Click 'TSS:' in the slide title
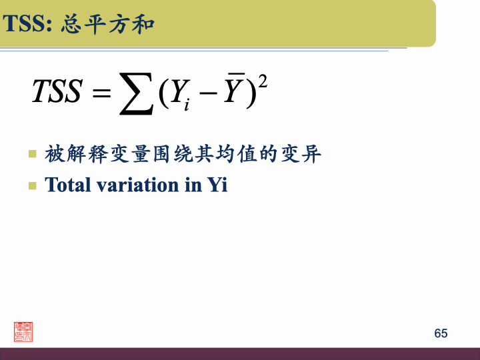pyautogui.click(x=28, y=25)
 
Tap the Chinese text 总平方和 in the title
pyautogui.click(x=107, y=25)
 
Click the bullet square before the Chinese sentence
pyautogui.click(x=32, y=155)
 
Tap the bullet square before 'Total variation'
pyautogui.click(x=32, y=185)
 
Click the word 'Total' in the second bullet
pyautogui.click(x=67, y=185)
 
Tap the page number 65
pyautogui.click(x=441, y=333)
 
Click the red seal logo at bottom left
pyautogui.click(x=23, y=331)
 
